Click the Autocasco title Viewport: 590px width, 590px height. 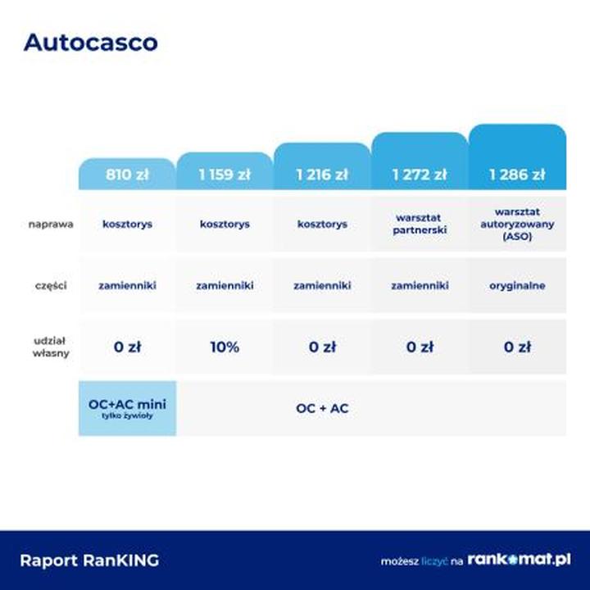[x=91, y=42]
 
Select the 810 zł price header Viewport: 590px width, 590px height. [x=127, y=175]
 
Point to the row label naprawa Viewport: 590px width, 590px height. [x=51, y=225]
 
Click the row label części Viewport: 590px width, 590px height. [x=51, y=286]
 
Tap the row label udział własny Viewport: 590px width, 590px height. [x=51, y=347]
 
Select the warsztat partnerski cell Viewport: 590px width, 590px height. [x=420, y=224]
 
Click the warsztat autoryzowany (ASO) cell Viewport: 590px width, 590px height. [x=517, y=224]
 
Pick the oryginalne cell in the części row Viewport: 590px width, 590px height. [x=517, y=286]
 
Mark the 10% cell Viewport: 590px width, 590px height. [x=225, y=347]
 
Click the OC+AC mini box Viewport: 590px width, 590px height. [x=127, y=408]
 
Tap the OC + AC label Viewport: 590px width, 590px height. [x=322, y=408]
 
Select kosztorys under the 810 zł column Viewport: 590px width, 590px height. [x=127, y=225]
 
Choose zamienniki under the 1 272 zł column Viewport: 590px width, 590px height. [x=420, y=286]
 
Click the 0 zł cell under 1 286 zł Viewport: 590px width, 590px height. [x=517, y=347]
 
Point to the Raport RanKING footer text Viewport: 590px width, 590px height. [x=89, y=560]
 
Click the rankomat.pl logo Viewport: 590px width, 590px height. [x=519, y=560]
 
